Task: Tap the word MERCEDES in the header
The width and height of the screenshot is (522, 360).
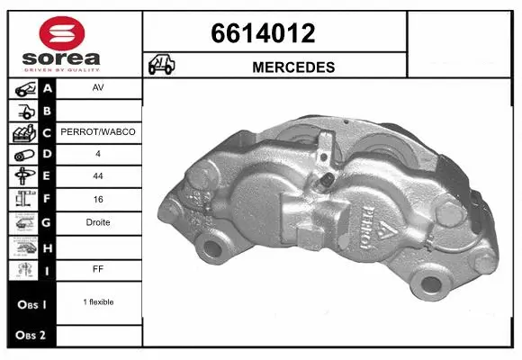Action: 294,67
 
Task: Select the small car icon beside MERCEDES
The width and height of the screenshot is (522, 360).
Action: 162,65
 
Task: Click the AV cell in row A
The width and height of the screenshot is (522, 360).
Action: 98,89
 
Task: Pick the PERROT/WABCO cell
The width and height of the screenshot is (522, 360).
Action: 98,131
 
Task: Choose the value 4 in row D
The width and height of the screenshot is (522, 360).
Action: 98,155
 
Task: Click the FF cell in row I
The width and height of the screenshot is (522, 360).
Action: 98,268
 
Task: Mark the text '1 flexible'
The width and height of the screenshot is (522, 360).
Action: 98,302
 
